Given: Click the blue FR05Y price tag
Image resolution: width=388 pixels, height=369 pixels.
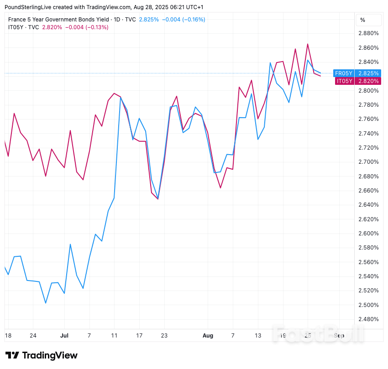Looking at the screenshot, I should (x=344, y=73).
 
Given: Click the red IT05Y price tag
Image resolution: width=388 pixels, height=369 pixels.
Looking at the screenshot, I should (x=345, y=81).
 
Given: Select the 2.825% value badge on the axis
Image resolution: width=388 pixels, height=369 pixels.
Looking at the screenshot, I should (x=368, y=73).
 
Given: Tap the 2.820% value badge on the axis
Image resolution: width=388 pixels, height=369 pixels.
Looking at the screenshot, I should (x=368, y=81).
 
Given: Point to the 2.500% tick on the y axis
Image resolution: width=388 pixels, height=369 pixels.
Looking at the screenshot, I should (x=368, y=305).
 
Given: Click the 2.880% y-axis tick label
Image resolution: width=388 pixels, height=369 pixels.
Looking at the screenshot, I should (x=368, y=33).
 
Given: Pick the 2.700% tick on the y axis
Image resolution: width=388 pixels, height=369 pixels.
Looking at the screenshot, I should (x=368, y=162).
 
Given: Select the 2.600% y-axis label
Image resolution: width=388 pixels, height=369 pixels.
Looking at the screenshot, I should (x=368, y=234).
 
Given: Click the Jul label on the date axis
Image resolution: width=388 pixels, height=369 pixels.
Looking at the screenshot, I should (x=64, y=335).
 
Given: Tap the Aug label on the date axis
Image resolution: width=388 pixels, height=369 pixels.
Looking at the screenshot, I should (x=208, y=335).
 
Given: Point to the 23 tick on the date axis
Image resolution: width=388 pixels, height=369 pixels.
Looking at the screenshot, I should (x=164, y=335).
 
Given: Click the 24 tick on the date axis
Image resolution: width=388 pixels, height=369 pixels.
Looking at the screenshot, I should (x=33, y=335).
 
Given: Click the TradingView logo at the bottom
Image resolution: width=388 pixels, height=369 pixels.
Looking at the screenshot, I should (x=41, y=355).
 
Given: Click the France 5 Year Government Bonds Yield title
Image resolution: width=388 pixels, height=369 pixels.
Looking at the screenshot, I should (x=58, y=20).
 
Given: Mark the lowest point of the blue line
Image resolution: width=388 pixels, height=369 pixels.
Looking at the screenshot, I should (x=46, y=303).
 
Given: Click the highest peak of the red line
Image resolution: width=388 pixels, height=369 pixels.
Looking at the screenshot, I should (x=308, y=44).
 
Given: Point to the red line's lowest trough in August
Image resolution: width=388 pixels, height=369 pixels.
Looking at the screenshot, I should (x=220, y=188).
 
